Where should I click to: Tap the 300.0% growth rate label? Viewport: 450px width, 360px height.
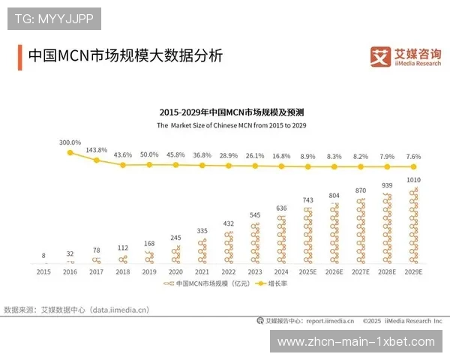click(x=70, y=142)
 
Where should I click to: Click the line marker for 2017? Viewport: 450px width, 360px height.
click(x=97, y=160)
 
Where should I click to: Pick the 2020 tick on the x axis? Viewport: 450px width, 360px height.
click(x=175, y=271)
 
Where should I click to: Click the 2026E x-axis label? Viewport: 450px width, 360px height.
click(x=334, y=271)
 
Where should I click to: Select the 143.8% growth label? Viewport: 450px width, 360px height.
click(x=97, y=149)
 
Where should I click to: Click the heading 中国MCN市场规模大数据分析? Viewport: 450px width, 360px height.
click(x=124, y=56)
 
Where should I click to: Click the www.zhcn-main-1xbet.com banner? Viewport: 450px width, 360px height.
click(x=355, y=341)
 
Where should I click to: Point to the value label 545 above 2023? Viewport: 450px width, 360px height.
click(x=255, y=215)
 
